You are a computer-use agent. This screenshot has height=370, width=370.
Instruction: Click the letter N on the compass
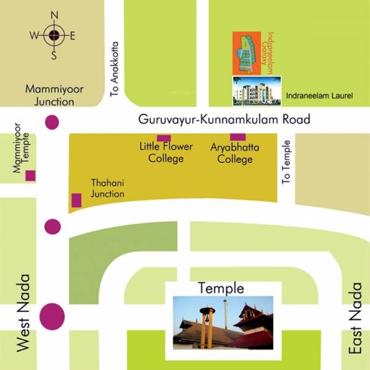point(54,15)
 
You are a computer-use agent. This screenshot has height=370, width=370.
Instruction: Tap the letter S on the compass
point(54,56)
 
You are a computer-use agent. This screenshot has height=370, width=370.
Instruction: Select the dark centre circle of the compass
point(54,35)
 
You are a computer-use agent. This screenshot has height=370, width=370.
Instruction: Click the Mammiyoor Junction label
point(54,95)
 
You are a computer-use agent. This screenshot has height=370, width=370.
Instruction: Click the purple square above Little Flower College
point(163,138)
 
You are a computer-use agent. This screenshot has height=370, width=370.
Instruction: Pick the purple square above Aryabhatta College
point(237,137)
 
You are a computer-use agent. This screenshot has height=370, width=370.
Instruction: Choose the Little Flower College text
point(165,153)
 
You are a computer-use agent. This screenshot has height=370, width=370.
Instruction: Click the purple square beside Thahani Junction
point(76,200)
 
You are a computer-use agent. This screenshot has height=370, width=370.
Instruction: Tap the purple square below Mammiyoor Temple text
point(30,176)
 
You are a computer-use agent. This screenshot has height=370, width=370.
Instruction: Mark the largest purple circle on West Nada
point(52,316)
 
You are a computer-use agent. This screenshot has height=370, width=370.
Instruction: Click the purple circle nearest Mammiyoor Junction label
point(52,122)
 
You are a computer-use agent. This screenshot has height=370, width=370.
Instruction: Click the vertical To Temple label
point(286,161)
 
